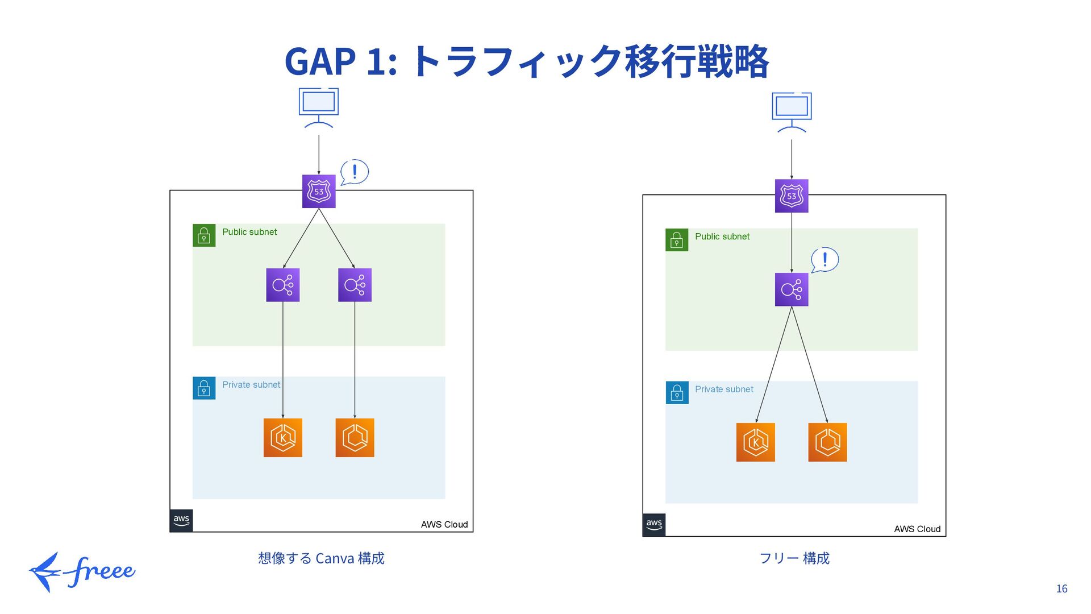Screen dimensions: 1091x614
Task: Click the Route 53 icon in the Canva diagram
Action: tap(319, 192)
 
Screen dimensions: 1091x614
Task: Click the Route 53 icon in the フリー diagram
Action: tap(792, 196)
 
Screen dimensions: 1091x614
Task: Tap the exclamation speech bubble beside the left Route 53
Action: tap(355, 172)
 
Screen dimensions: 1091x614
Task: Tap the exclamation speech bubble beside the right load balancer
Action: tap(825, 260)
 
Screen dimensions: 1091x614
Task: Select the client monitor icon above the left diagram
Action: tap(319, 107)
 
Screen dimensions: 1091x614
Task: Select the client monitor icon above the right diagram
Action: tap(792, 112)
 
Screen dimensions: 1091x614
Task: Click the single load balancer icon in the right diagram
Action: tap(792, 289)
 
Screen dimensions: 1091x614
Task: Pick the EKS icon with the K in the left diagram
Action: tap(283, 438)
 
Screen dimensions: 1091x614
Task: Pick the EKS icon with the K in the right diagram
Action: tap(756, 442)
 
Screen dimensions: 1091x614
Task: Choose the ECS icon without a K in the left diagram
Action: tap(355, 438)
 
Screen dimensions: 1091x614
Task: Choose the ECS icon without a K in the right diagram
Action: tap(827, 442)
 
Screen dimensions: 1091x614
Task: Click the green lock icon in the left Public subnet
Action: tap(204, 235)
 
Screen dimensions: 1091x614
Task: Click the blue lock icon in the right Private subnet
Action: tap(677, 393)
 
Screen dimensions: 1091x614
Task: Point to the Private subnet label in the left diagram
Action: tap(251, 385)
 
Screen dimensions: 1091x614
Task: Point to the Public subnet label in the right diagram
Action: tap(722, 237)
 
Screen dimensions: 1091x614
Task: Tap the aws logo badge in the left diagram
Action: tap(181, 521)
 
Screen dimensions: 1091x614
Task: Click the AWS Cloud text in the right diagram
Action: tap(917, 529)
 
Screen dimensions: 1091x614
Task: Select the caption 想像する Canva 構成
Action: tap(321, 558)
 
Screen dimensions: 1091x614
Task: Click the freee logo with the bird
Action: tap(82, 572)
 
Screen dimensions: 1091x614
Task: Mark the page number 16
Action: tap(1061, 589)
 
